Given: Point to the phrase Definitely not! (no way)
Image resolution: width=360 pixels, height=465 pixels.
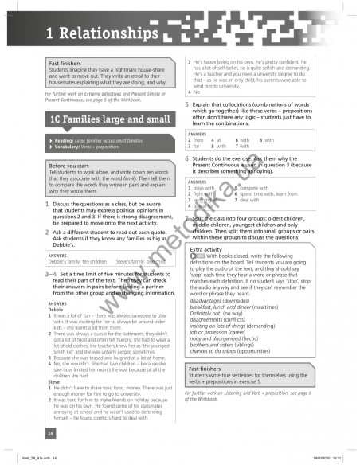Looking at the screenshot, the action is click(x=225, y=311).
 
